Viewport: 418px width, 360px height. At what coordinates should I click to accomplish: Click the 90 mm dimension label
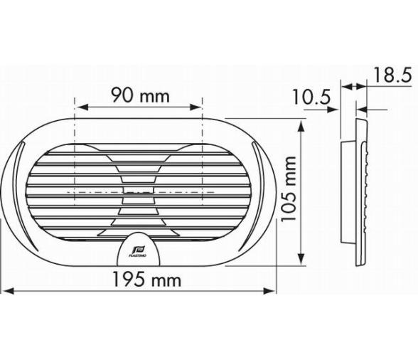coord(139,94)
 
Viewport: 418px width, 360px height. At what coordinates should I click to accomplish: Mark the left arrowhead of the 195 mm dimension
coord(6,290)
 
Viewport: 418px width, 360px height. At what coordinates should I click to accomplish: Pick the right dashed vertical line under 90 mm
coord(203,157)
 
